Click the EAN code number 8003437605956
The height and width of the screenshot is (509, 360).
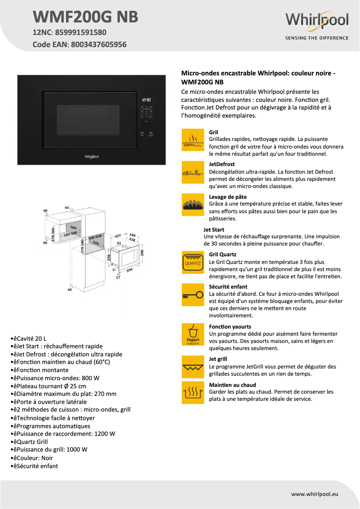(99, 44)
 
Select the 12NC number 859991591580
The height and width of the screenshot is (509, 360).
(81, 32)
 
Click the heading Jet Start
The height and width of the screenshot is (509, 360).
(214, 229)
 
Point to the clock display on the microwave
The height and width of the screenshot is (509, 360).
(146, 100)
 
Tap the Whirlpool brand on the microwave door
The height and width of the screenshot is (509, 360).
(92, 157)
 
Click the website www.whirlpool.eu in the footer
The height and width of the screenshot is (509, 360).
(314, 494)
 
